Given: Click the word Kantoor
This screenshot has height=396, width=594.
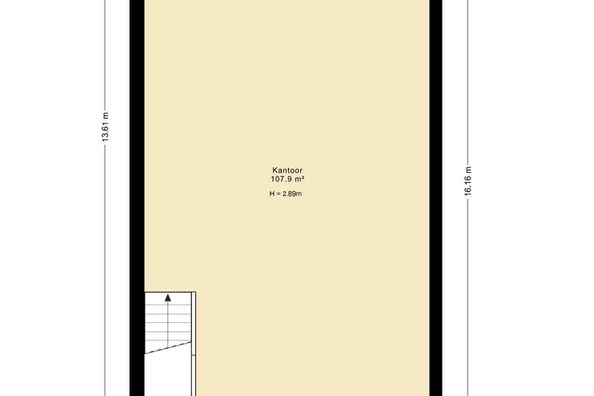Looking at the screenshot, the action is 287,171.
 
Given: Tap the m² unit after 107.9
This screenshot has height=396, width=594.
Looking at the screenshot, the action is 299,179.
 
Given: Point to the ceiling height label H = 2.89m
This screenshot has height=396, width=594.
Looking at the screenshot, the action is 286,193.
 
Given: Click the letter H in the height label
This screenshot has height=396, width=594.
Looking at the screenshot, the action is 272,193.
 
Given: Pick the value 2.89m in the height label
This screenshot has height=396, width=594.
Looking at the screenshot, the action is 292,193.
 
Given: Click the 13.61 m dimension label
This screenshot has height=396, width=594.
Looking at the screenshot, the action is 105,127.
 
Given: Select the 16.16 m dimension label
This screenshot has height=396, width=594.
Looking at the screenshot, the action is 468,181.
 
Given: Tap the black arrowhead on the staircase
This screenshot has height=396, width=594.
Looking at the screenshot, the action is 168,298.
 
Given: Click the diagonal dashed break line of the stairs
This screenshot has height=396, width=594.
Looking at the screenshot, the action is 168,347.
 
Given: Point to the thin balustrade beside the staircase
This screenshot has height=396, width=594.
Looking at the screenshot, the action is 193,343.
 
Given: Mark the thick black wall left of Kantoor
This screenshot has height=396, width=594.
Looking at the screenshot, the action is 137,198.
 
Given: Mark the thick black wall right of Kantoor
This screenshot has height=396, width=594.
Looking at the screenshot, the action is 436,198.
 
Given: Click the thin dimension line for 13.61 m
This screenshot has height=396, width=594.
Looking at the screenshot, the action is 105,198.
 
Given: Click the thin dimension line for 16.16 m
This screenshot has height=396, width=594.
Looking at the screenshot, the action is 468,198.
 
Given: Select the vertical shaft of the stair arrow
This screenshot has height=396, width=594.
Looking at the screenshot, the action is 168,324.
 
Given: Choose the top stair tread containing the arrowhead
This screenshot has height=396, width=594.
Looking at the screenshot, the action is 168,298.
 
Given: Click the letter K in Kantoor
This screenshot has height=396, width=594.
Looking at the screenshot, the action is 275,171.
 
